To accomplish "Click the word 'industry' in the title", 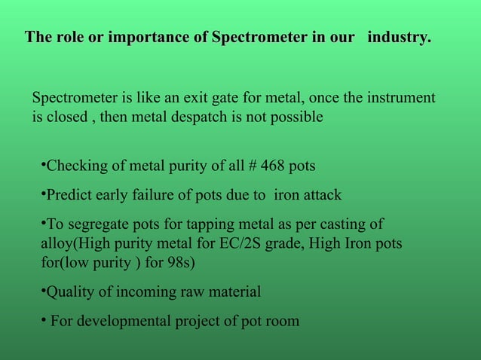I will [399, 38].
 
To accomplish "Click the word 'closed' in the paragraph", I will [67, 117].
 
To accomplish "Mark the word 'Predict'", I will [69, 195].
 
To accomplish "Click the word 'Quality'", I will [71, 292].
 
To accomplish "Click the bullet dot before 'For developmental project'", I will [44, 319].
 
